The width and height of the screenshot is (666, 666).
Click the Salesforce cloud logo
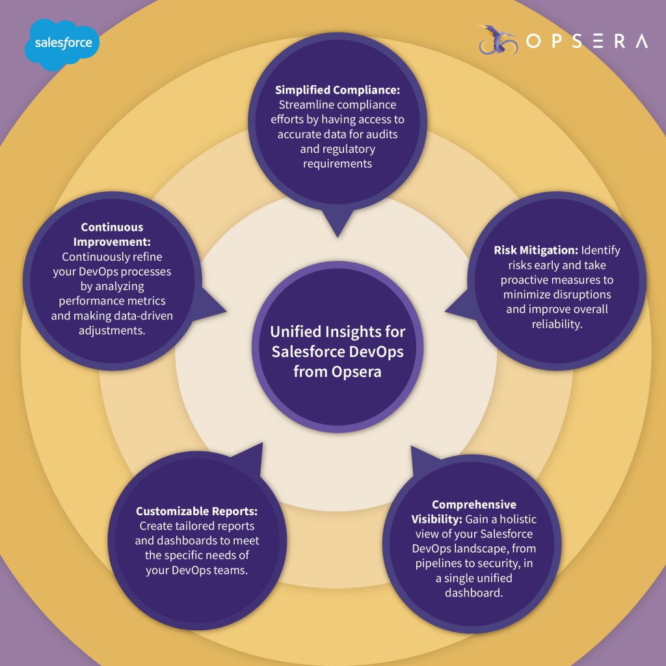(x=62, y=44)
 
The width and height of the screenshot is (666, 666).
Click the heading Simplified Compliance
(x=336, y=90)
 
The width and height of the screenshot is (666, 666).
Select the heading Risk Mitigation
(x=535, y=250)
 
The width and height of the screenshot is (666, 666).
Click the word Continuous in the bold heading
(x=113, y=228)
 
